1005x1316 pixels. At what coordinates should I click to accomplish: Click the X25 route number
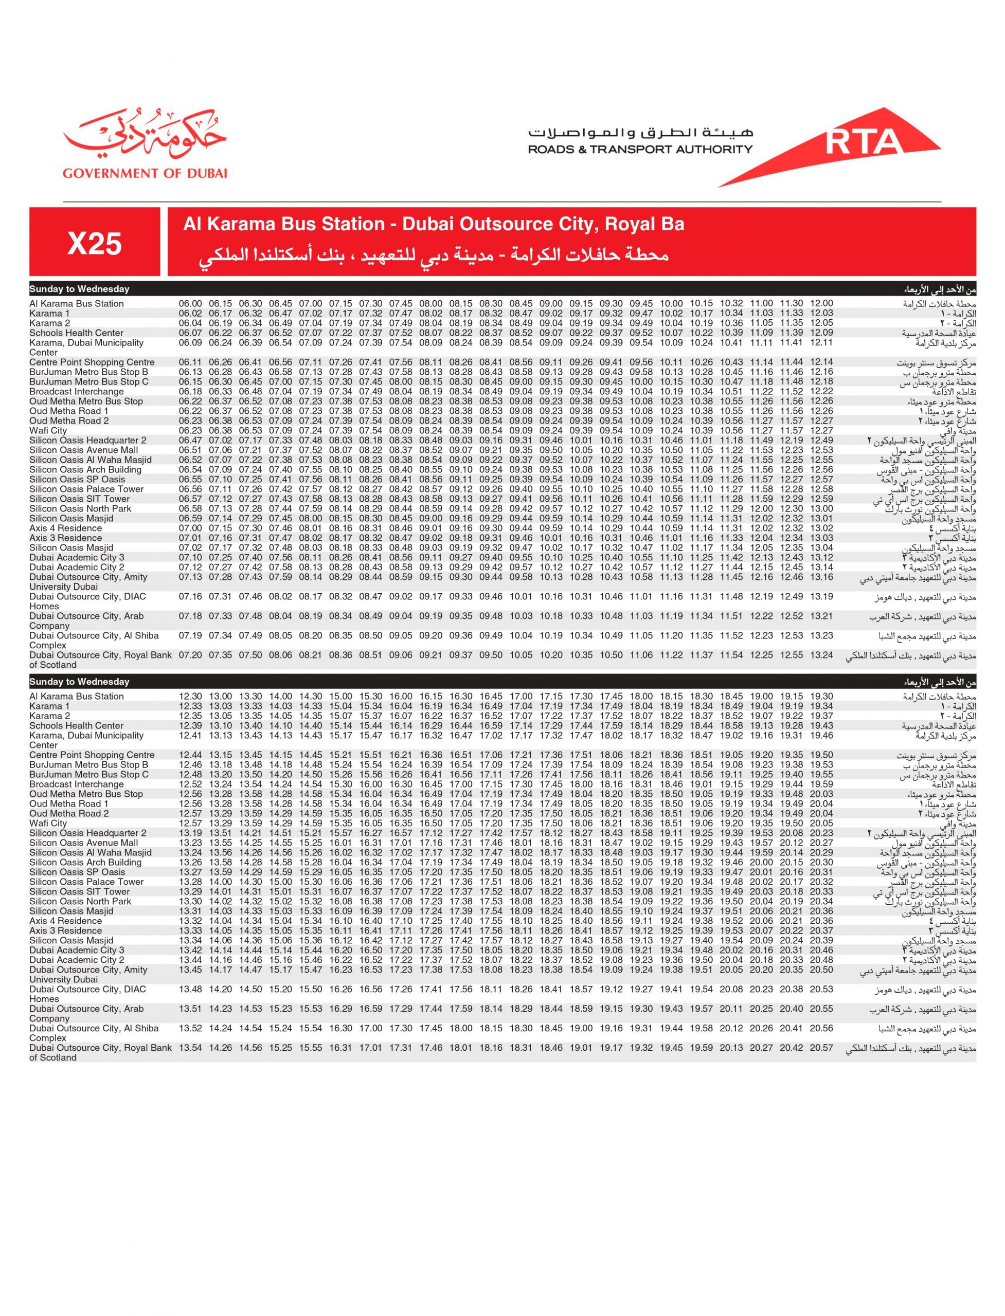click(x=95, y=243)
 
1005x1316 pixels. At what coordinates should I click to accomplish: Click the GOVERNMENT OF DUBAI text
click(x=145, y=173)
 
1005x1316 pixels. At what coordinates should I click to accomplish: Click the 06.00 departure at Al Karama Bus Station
click(x=190, y=304)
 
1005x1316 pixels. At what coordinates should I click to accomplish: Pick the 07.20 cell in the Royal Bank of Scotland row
click(x=190, y=655)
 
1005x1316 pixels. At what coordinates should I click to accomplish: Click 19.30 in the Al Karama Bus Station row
click(x=821, y=697)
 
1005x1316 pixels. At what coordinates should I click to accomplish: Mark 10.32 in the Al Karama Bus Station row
click(x=731, y=304)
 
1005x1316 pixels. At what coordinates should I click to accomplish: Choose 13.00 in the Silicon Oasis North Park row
click(x=821, y=509)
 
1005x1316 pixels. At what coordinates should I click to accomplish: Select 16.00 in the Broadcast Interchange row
click(x=371, y=784)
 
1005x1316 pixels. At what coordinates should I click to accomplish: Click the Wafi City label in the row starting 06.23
click(x=48, y=430)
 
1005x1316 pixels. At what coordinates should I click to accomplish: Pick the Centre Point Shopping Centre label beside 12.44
click(x=92, y=755)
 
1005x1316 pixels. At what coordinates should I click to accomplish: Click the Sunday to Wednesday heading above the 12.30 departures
click(x=79, y=682)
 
